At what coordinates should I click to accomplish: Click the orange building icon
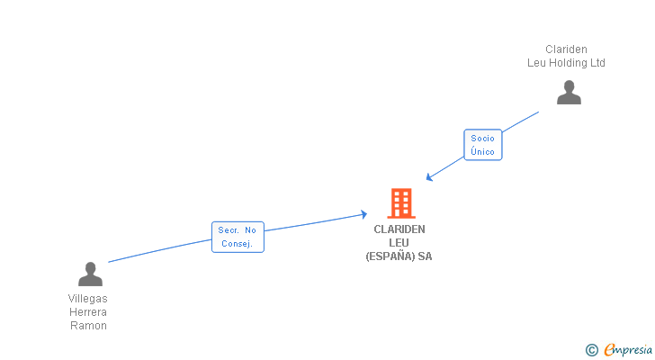click(401, 203)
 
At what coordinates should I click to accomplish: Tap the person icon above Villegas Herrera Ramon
click(90, 274)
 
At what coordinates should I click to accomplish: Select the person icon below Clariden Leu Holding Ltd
click(569, 93)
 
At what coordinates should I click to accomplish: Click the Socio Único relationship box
click(483, 145)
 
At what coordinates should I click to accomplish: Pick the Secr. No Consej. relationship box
click(238, 237)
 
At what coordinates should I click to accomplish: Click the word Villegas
click(88, 299)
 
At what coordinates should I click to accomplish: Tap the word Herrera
click(88, 312)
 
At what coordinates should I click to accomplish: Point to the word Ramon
click(88, 325)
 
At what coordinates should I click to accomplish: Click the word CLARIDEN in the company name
click(399, 229)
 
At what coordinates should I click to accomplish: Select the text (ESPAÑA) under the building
click(390, 256)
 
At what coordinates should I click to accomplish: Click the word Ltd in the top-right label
click(597, 63)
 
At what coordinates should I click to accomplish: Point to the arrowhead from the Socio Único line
click(428, 178)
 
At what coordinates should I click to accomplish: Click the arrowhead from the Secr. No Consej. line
click(363, 214)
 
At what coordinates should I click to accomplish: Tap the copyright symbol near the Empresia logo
click(591, 350)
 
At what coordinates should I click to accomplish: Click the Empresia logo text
click(628, 350)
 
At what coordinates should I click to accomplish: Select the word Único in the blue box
click(483, 151)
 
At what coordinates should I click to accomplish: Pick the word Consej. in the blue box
click(238, 244)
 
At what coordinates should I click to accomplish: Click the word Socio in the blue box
click(483, 139)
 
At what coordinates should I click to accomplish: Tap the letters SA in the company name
click(425, 256)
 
